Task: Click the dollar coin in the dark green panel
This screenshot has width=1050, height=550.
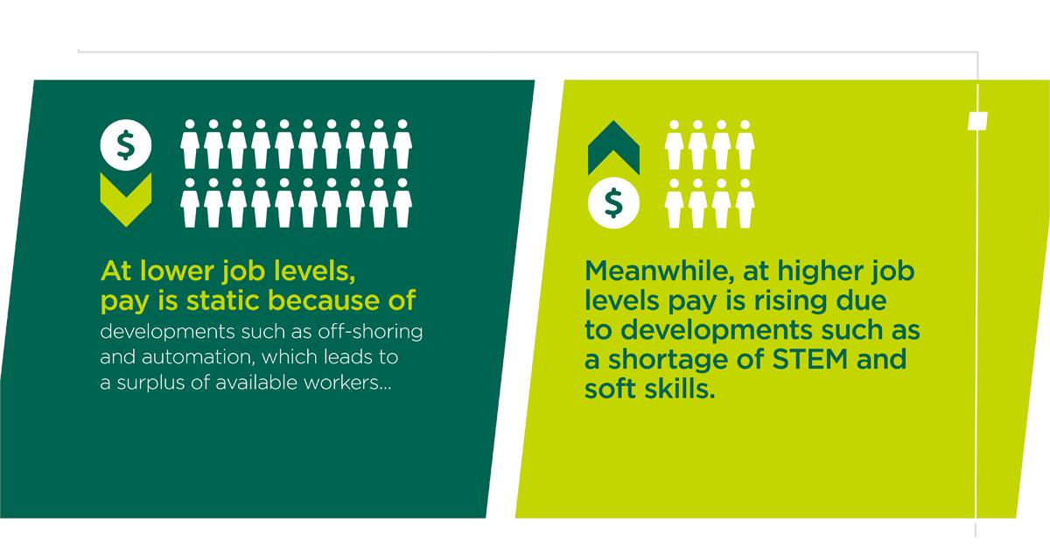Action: [x=126, y=145]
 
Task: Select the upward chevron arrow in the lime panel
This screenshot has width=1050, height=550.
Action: [x=614, y=152]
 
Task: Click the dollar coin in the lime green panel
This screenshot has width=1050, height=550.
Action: [x=614, y=204]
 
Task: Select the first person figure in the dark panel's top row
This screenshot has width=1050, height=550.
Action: [x=191, y=145]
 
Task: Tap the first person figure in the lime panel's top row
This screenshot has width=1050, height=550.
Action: [x=675, y=145]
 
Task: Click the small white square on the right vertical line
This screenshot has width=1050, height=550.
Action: [x=977, y=119]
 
